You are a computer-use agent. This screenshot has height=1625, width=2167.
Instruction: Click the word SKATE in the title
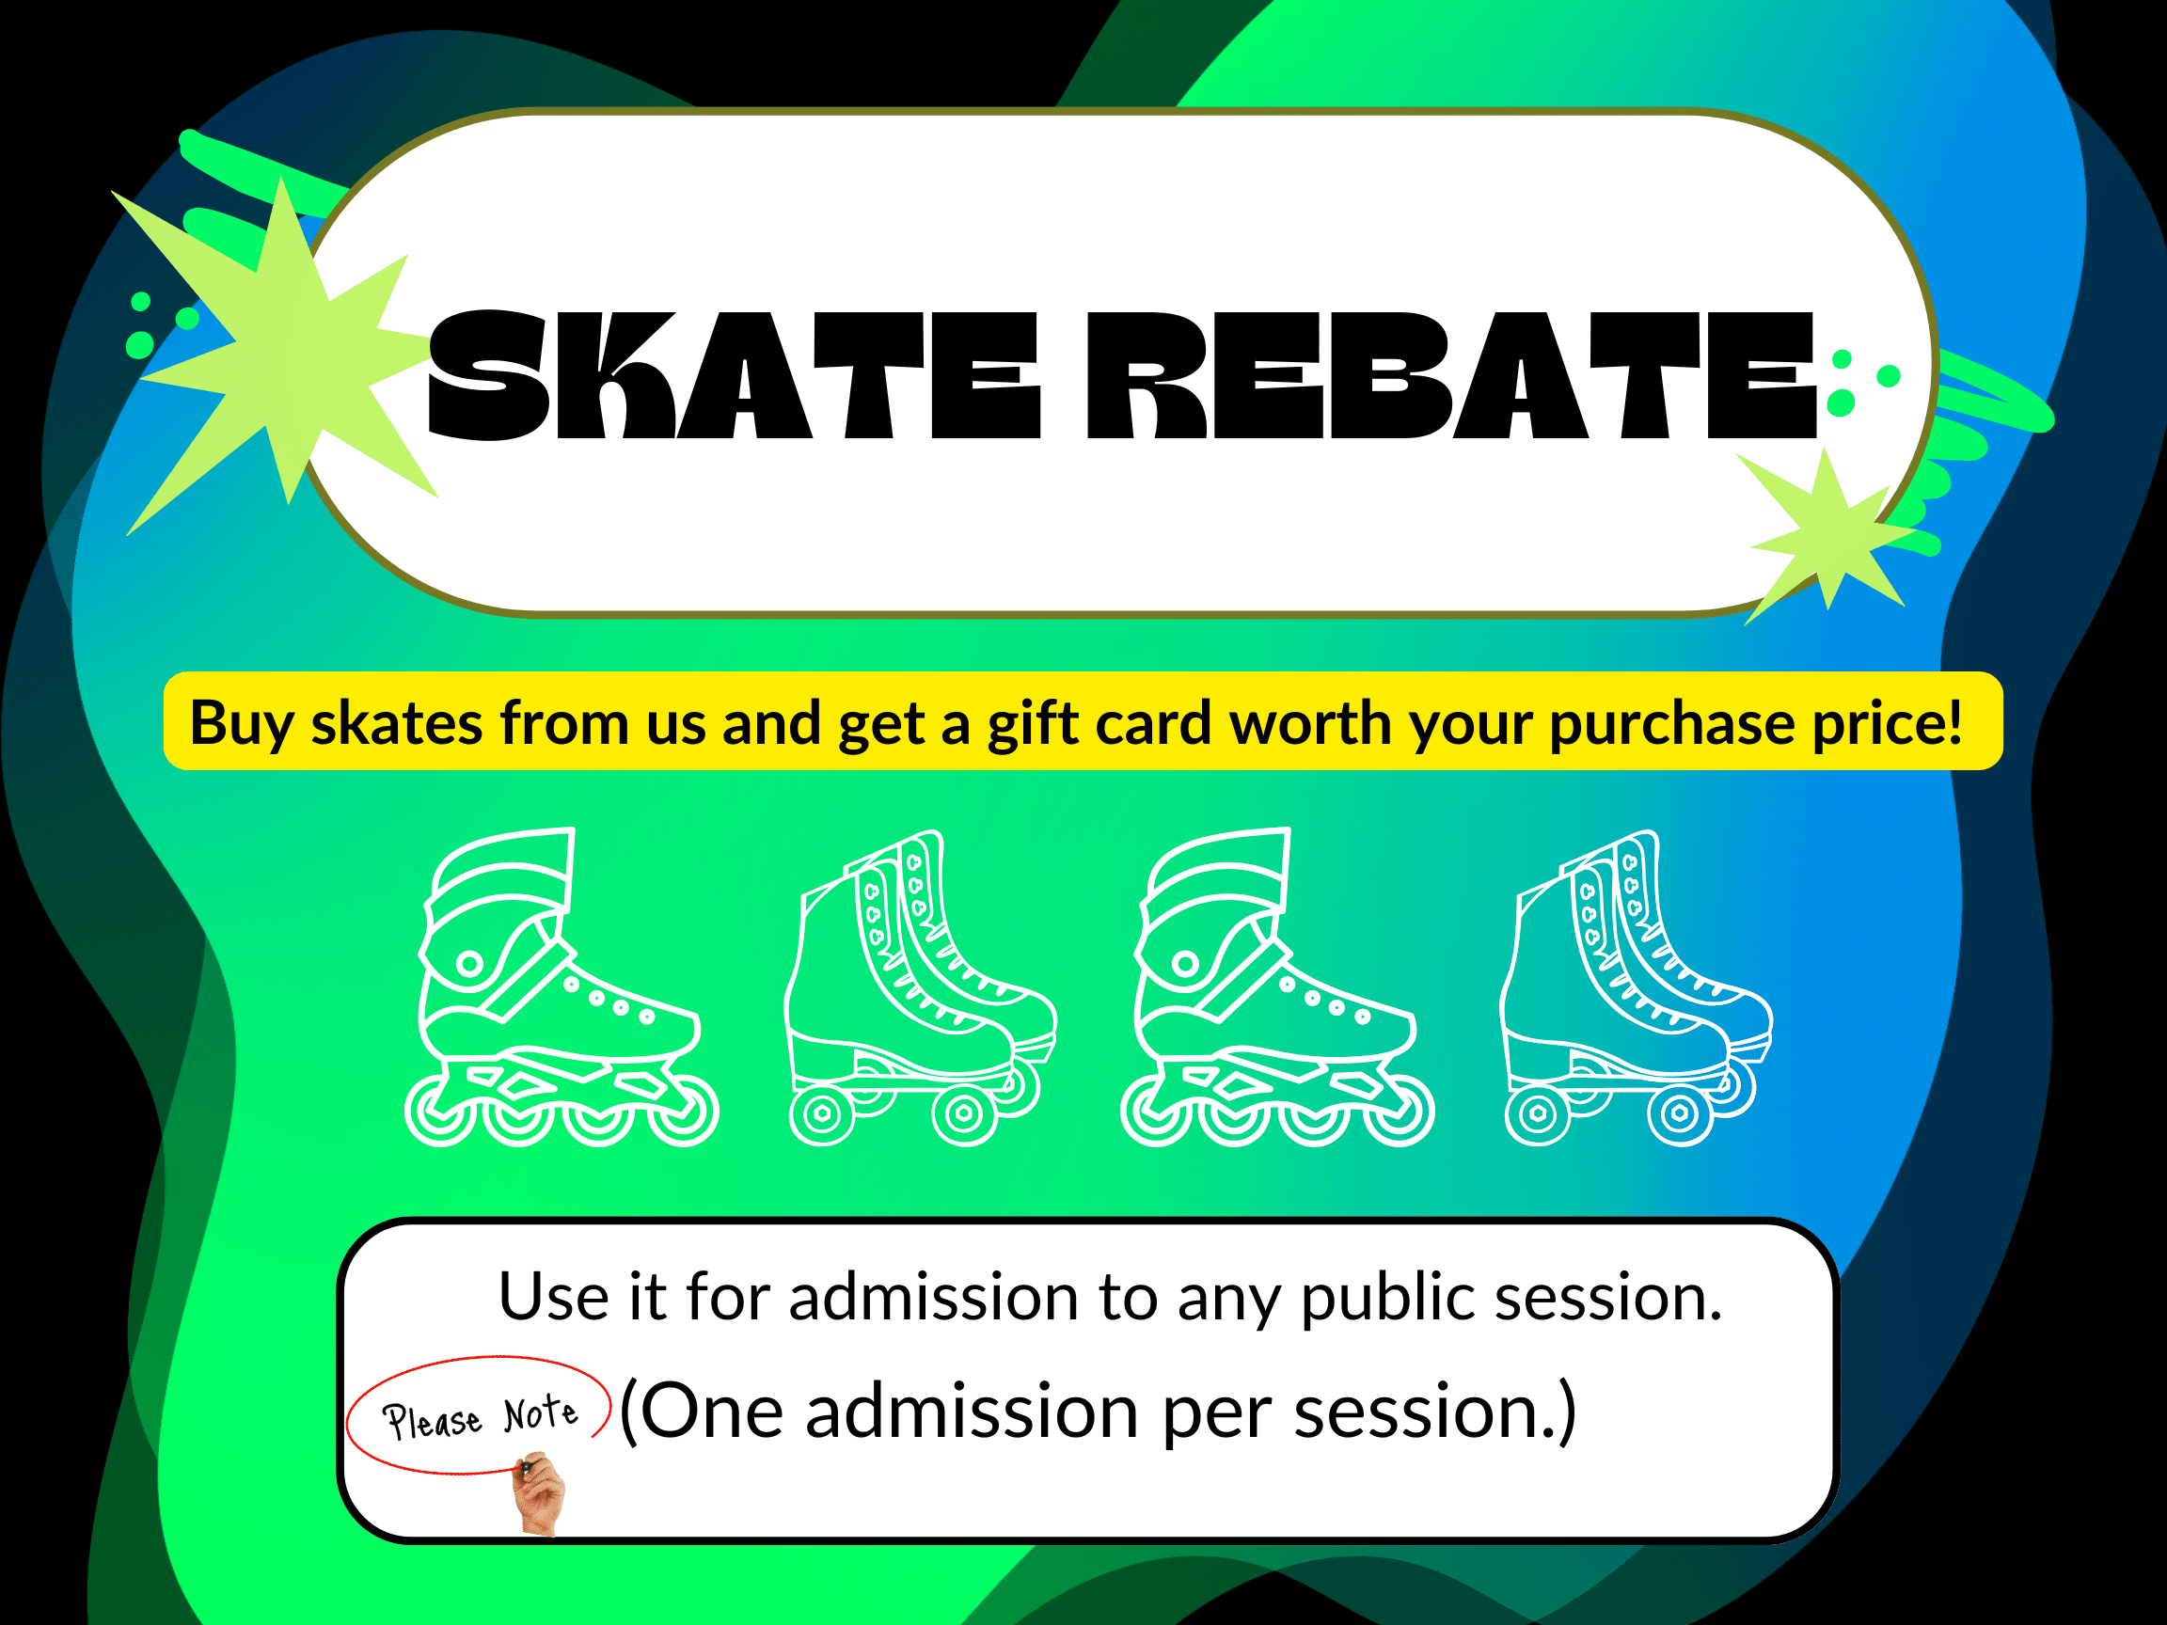tap(734, 375)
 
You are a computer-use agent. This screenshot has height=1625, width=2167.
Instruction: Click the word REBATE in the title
tap(1452, 375)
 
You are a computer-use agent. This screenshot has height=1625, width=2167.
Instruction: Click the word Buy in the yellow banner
tap(241, 725)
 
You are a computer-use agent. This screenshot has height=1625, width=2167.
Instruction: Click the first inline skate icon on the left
tap(562, 986)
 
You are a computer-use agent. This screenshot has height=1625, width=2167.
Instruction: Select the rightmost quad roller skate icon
tap(1636, 988)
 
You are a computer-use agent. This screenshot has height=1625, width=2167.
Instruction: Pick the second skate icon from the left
tap(921, 988)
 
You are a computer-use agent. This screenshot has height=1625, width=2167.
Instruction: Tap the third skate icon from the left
tap(1276, 986)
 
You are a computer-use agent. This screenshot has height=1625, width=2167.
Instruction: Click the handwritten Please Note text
tap(480, 1416)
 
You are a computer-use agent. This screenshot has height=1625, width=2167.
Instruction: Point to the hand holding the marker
tap(538, 1493)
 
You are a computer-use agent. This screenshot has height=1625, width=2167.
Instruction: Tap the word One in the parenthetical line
tap(712, 1412)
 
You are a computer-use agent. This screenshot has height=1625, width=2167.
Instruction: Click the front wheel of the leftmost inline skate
tap(685, 1111)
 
